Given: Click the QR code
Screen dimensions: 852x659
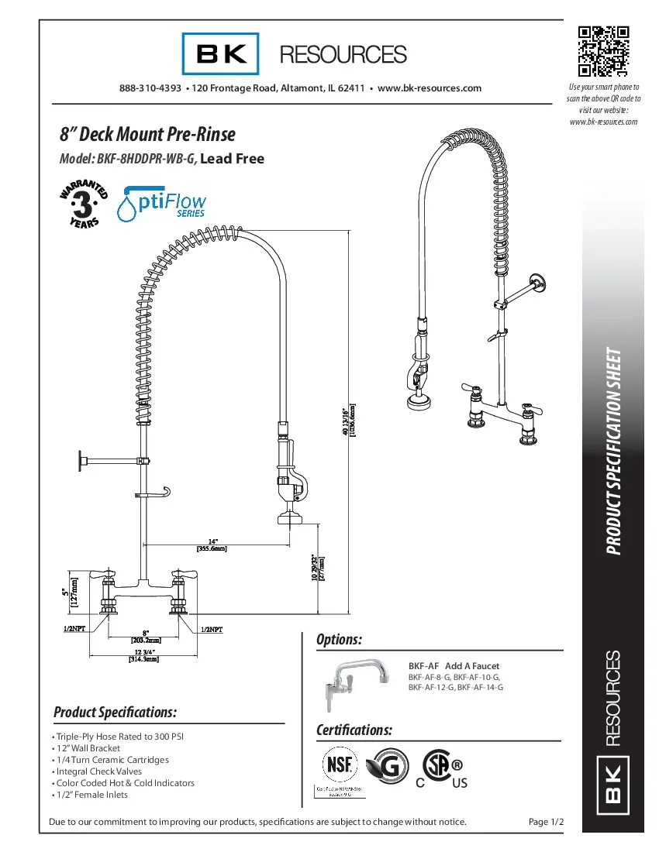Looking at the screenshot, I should pos(602,52).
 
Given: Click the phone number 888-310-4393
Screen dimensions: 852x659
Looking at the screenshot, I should pos(150,88).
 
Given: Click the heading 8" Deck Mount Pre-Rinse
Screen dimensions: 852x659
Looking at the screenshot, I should pos(147,134).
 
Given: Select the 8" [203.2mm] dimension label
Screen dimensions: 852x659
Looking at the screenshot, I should pos(145,636).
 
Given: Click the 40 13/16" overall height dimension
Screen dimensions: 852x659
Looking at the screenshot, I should pos(349,420).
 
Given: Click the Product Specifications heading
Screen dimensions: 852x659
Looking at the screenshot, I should pos(116,712).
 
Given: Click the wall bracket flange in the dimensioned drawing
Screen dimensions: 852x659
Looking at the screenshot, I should pos(80,462).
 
